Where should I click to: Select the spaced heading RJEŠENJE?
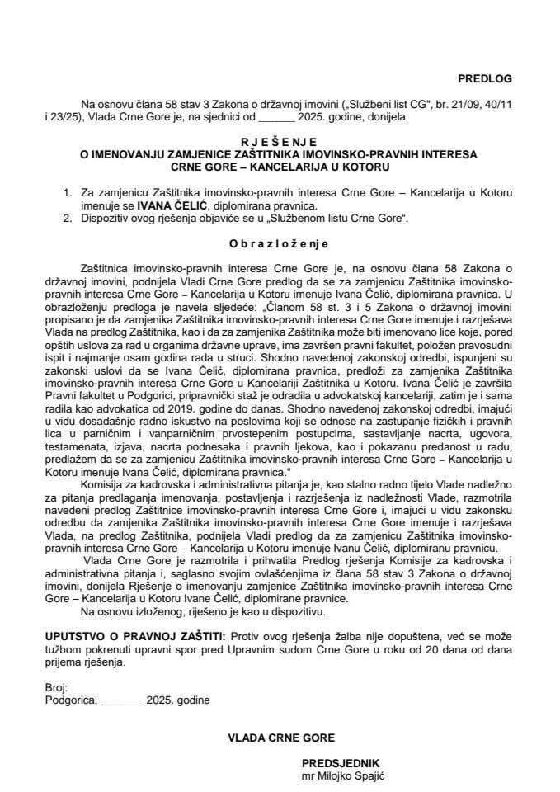coord(280,142)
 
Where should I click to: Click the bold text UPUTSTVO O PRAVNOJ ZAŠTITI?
coord(135,638)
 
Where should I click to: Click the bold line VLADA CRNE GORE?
coord(280,738)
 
